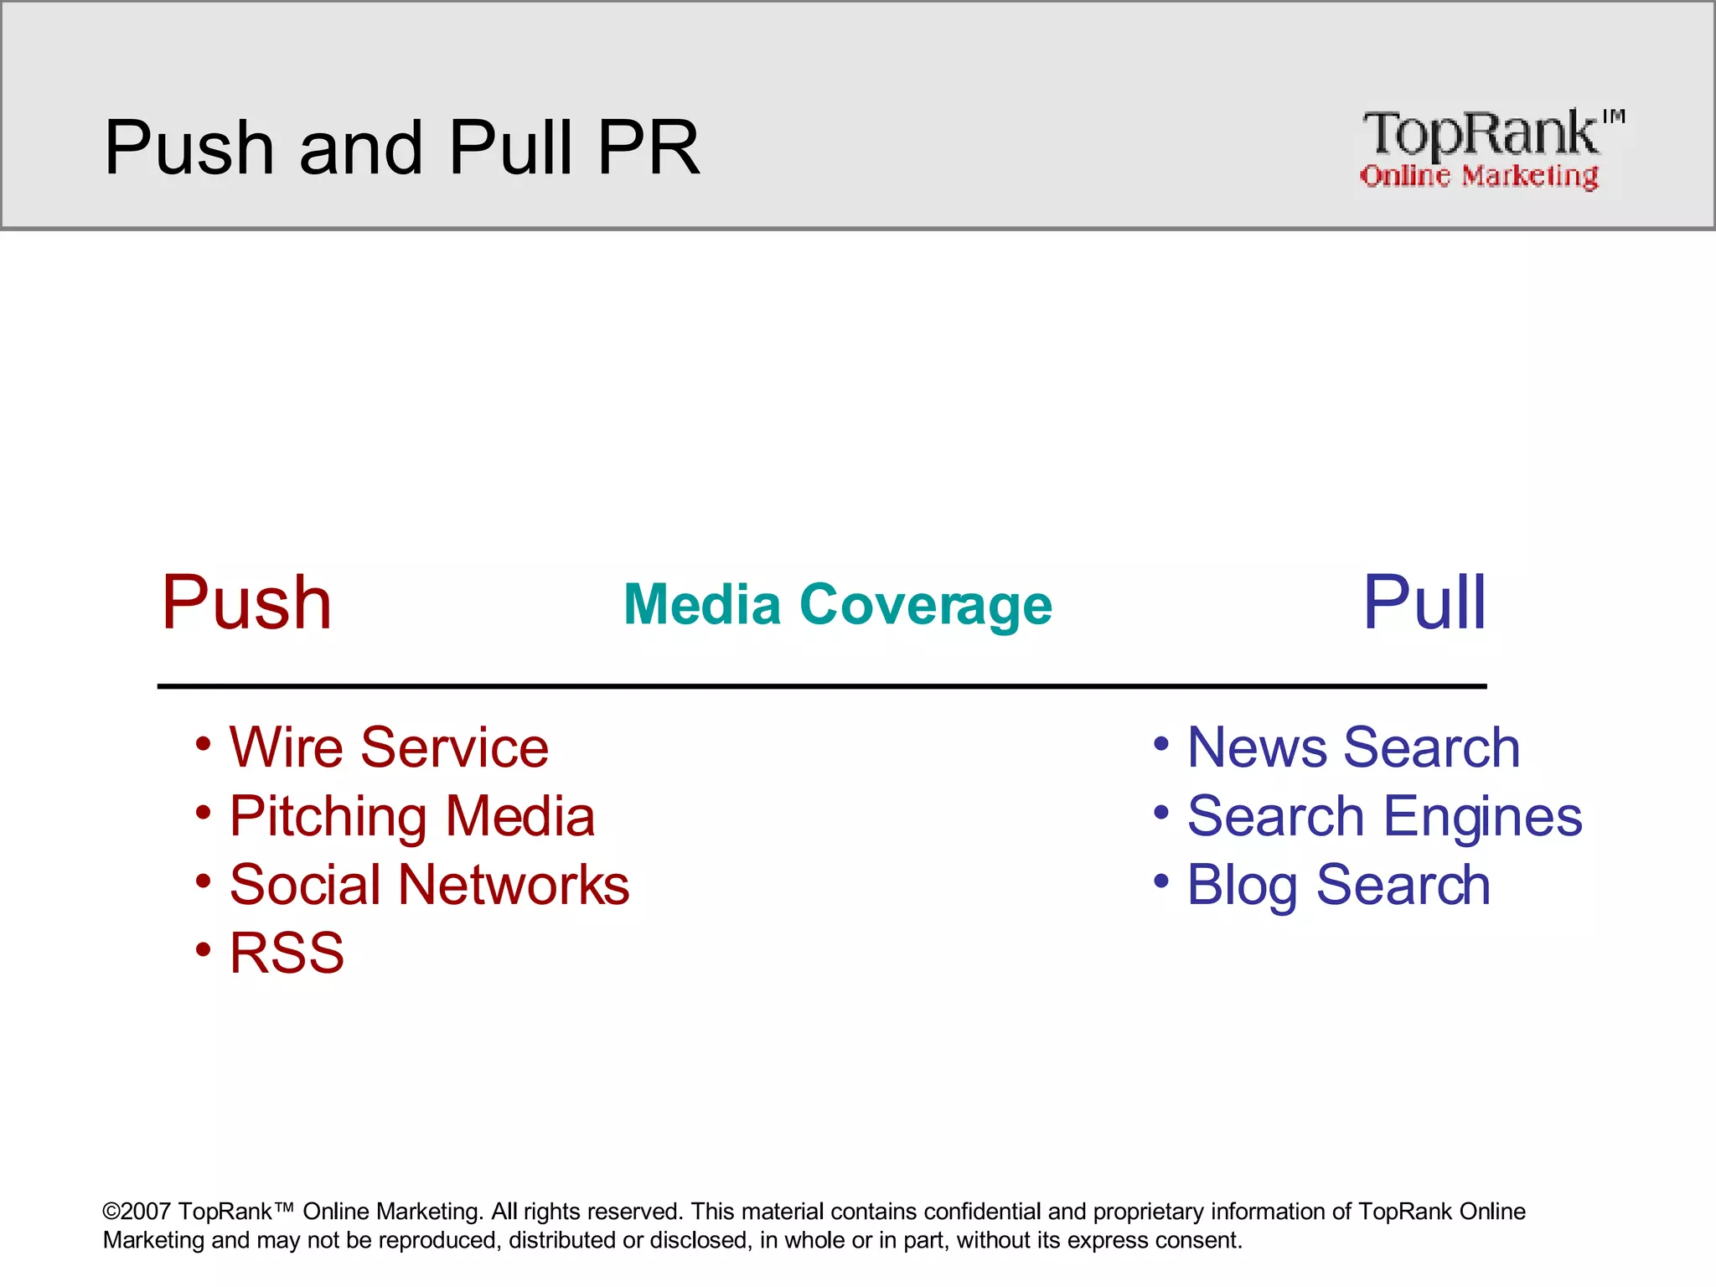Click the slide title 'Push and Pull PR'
coord(401,147)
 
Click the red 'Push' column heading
coord(246,602)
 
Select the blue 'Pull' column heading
coord(1424,602)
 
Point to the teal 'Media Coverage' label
coord(838,604)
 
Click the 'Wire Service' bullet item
coord(389,747)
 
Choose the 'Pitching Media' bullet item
coord(411,816)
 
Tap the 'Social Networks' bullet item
coord(429,885)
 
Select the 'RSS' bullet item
coord(287,954)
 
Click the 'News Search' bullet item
coord(1353,747)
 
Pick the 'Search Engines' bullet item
coord(1384,816)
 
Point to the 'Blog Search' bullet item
coord(1339,885)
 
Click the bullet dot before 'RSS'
coord(204,949)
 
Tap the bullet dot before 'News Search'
coord(1161,743)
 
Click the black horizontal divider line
coord(821,686)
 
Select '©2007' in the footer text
coord(137,1212)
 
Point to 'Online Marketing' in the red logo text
coord(1479,176)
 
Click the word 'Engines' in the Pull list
coord(1482,816)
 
